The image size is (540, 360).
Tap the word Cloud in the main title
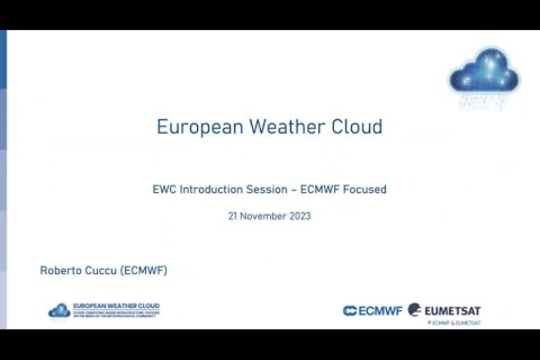[357, 127]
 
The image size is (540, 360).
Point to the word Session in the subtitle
[266, 190]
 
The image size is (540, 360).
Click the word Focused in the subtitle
[367, 190]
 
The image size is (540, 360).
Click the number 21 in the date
[233, 216]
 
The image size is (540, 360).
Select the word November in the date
[263, 216]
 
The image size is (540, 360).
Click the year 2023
[300, 216]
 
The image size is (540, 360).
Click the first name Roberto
[60, 271]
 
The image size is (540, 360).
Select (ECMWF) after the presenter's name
[144, 271]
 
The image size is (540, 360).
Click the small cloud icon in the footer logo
[59, 311]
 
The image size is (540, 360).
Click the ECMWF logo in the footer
[373, 311]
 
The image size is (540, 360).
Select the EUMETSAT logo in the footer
[445, 311]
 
